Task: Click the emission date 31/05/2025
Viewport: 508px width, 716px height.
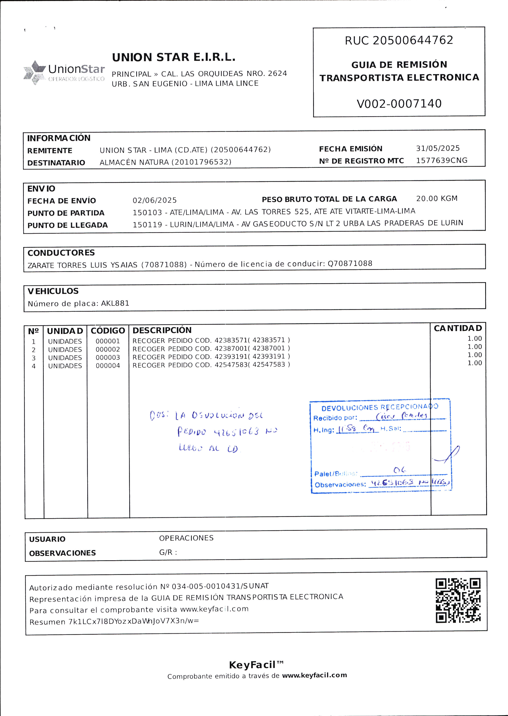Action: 438,148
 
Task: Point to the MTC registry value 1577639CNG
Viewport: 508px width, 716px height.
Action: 441,160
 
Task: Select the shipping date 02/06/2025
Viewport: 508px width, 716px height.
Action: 155,200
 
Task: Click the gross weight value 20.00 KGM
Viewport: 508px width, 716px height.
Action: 437,199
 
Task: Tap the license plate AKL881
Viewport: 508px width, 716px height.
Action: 115,303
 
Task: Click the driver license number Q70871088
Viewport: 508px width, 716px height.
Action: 350,263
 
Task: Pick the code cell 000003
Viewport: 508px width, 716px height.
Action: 108,357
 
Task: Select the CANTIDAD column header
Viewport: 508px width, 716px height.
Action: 458,328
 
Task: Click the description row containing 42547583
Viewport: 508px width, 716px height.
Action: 211,365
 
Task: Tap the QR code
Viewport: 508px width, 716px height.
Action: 458,600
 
